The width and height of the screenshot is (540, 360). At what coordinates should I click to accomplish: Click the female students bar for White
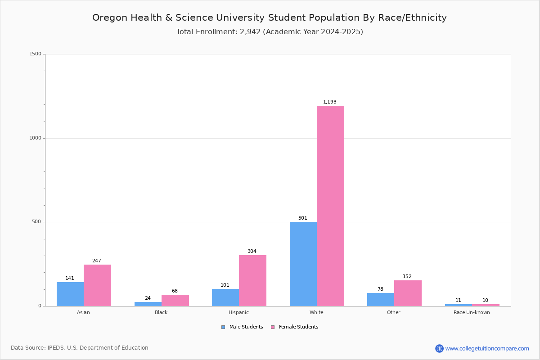coord(330,206)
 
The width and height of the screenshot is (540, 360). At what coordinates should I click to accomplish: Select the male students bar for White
coord(303,264)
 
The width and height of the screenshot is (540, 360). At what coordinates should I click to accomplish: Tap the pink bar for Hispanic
coord(252,281)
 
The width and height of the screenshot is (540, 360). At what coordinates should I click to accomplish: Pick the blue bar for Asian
coord(70,294)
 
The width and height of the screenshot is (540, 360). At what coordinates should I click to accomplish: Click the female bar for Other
coord(408,293)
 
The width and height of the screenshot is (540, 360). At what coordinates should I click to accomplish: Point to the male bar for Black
coord(148,304)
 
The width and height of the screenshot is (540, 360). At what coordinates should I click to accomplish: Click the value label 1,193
coord(329,102)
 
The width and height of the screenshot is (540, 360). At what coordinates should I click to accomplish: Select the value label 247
coord(97,261)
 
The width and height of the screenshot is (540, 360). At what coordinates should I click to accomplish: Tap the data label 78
coord(380,289)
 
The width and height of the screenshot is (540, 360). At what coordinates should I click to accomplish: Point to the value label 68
coord(175,291)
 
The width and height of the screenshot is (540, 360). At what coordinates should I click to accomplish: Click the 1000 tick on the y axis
coord(35,138)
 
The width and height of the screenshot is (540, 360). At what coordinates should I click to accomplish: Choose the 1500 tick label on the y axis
coord(35,54)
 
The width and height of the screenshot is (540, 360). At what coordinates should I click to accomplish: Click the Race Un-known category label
coord(472,312)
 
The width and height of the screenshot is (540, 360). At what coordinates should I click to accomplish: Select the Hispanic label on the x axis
coord(238,312)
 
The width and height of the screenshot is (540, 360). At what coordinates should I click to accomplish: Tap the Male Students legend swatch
coord(223,327)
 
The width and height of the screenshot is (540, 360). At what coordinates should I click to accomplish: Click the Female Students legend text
coord(298,327)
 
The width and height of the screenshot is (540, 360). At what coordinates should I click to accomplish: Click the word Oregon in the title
coord(110,18)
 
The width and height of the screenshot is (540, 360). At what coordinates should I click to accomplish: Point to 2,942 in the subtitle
coord(250,32)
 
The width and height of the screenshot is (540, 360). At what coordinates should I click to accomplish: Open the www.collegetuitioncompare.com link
coord(487,348)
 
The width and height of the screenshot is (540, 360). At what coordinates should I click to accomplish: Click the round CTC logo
coord(439,348)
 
